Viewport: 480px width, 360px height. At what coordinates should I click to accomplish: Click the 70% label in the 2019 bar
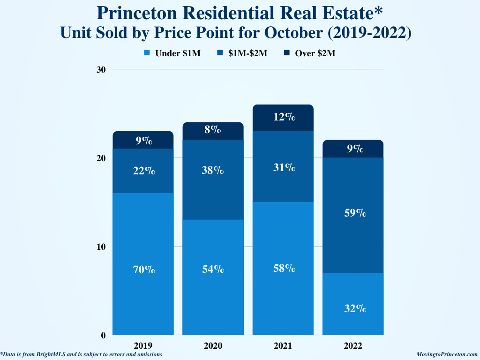click(x=143, y=270)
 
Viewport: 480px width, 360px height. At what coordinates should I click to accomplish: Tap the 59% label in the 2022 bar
click(x=354, y=213)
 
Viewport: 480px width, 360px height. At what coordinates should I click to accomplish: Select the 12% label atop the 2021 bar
click(x=284, y=117)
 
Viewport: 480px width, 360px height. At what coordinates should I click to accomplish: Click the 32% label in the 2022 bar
click(x=354, y=308)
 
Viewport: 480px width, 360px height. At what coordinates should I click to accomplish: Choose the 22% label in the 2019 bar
click(x=143, y=171)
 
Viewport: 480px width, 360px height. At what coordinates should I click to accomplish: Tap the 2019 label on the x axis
click(x=142, y=346)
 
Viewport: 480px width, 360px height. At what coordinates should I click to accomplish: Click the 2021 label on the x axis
click(x=283, y=346)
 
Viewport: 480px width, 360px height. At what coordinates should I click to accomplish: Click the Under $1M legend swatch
click(x=147, y=53)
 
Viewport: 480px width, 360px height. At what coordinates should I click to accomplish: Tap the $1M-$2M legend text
click(x=247, y=53)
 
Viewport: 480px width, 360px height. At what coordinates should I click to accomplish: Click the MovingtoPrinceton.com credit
click(x=447, y=355)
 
